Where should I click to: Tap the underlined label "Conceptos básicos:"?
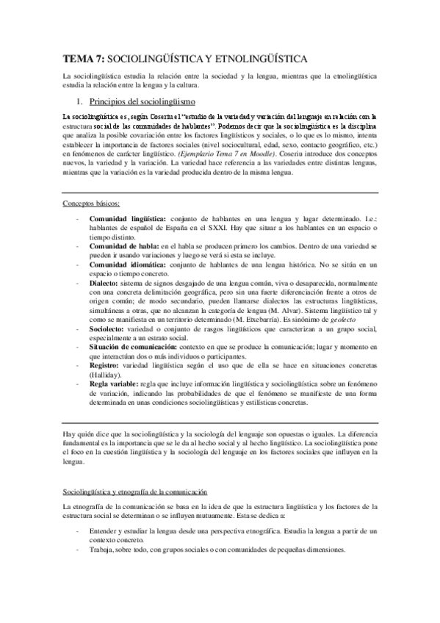pos(91,203)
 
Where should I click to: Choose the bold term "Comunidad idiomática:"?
pos(127,265)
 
